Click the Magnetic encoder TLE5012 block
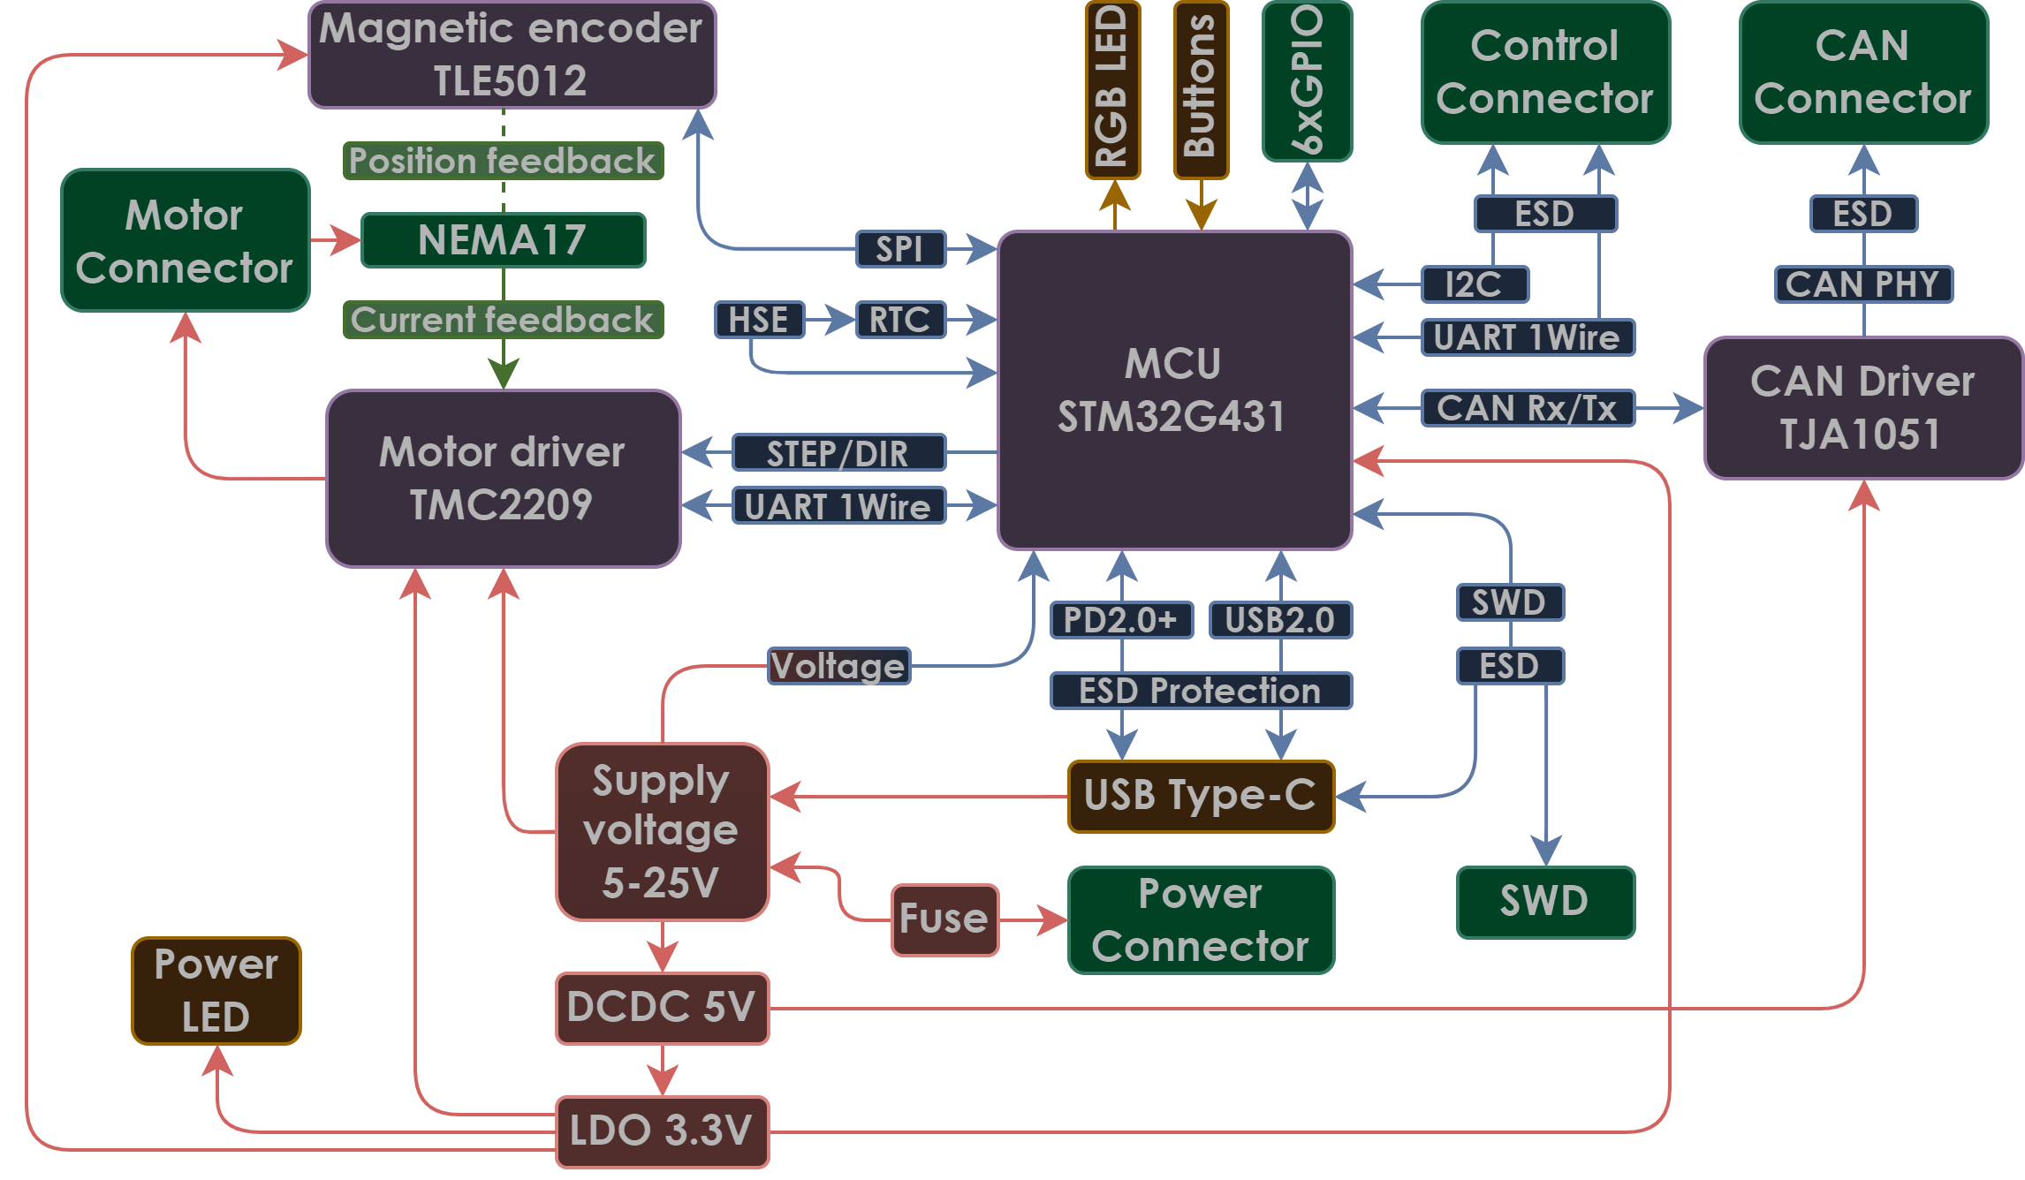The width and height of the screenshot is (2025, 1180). click(x=512, y=55)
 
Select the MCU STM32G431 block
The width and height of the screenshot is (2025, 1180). click(x=1174, y=390)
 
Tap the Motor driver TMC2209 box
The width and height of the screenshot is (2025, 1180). click(x=503, y=479)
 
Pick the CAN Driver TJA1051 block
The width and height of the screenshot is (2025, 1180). click(x=1863, y=408)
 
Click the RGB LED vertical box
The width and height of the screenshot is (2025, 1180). click(x=1112, y=90)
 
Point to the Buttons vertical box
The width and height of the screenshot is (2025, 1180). click(x=1201, y=90)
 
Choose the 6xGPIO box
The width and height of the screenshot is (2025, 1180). click(x=1307, y=81)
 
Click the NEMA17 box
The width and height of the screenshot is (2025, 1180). click(x=503, y=240)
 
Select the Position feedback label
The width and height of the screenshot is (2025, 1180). click(x=503, y=161)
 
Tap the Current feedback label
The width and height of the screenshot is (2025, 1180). click(x=503, y=320)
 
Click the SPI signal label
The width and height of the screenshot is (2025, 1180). click(x=900, y=249)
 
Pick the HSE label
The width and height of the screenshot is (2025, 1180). click(x=759, y=320)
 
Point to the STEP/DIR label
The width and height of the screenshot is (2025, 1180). click(x=838, y=452)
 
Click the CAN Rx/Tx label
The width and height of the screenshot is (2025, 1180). click(x=1528, y=408)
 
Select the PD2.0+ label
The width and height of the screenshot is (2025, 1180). click(x=1121, y=620)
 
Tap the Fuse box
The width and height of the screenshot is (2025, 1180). click(x=944, y=920)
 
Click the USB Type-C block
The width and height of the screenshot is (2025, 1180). click(x=1201, y=797)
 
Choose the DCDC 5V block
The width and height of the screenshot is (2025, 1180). click(x=662, y=1009)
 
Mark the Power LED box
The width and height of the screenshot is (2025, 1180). click(x=216, y=991)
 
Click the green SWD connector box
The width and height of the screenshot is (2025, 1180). click(x=1545, y=903)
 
